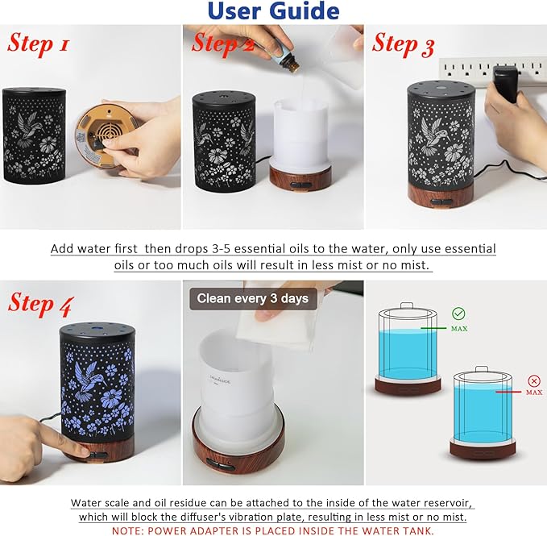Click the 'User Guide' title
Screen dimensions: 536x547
[x=273, y=11]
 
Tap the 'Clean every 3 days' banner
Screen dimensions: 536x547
[x=253, y=298]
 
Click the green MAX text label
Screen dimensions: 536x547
[x=458, y=329]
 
